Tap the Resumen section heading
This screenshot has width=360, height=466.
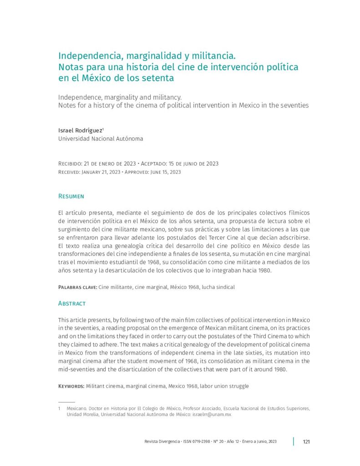tap(71, 196)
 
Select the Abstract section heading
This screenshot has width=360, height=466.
tap(72, 303)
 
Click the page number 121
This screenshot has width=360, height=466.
tap(306, 441)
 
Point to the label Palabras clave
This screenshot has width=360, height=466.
tap(77, 288)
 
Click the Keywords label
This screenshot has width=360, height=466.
tap(71, 386)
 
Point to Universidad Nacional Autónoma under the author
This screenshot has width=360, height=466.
tap(101, 139)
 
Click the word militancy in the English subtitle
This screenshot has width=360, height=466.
tap(166, 97)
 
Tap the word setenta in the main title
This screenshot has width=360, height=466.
tap(158, 78)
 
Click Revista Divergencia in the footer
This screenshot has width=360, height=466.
tap(162, 442)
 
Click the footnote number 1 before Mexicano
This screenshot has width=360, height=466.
tap(60, 409)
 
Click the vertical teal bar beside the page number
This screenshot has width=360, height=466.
tap(294, 441)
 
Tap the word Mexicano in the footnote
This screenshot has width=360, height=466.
tap(76, 409)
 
